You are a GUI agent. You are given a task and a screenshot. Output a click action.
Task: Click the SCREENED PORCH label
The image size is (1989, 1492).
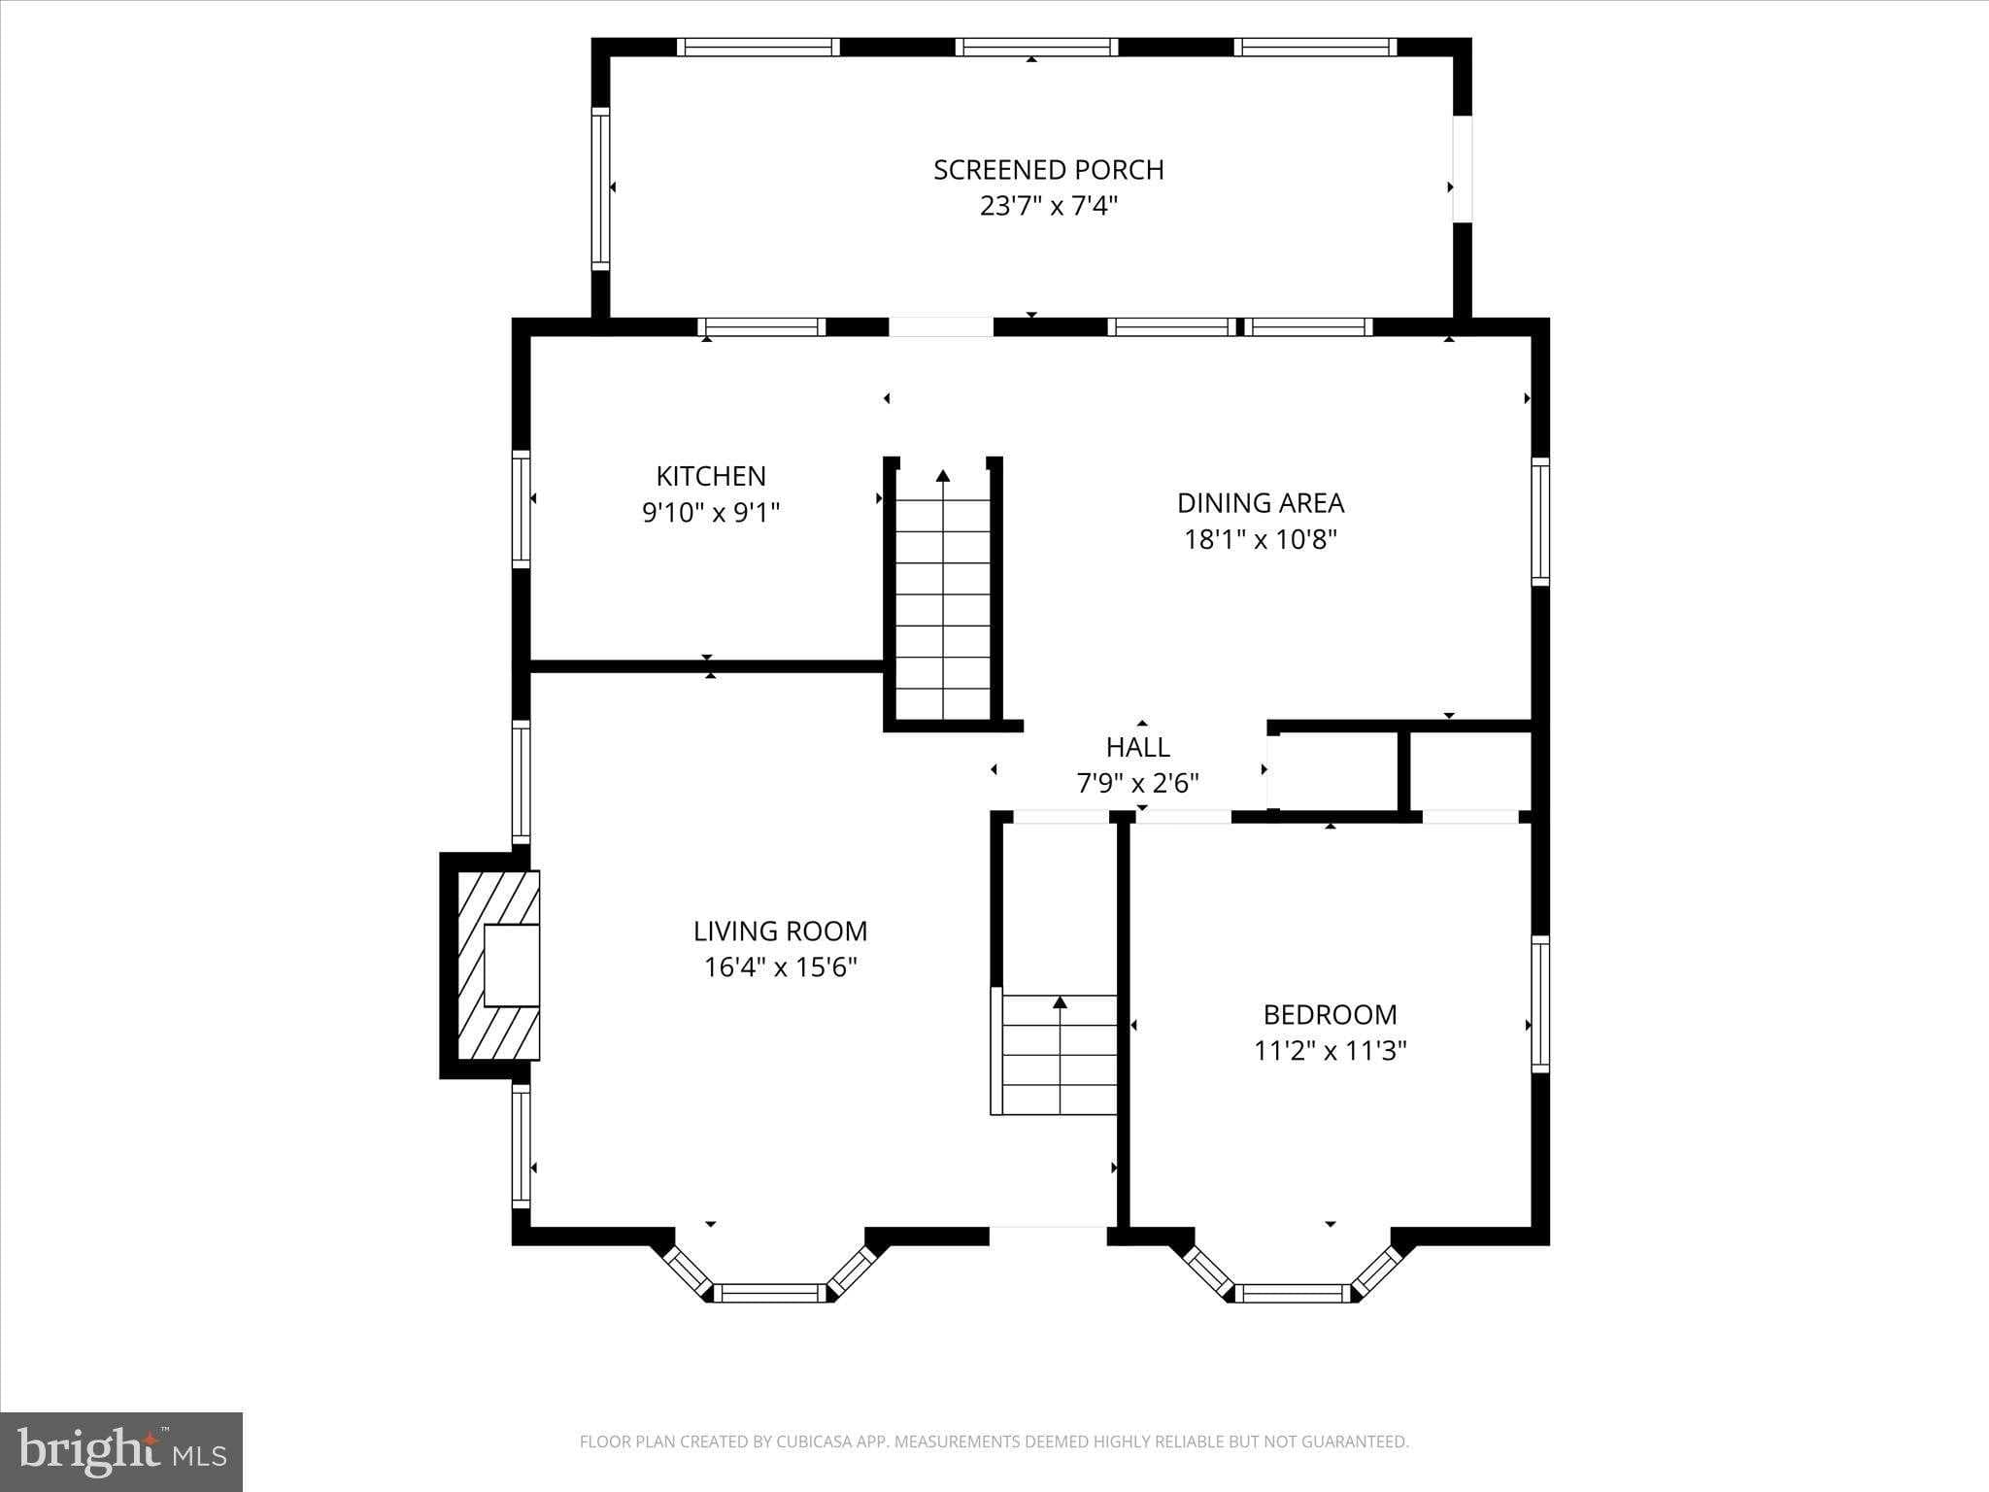1048,170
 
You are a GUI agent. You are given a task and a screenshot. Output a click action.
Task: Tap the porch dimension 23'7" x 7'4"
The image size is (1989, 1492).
1048,206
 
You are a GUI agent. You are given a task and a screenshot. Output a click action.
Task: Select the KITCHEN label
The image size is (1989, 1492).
711,476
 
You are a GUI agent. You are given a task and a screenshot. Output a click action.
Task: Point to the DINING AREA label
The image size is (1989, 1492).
1260,503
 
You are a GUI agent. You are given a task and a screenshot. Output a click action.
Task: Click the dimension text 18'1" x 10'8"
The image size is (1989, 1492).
1260,539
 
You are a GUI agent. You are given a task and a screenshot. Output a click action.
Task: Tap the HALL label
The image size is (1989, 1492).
1137,747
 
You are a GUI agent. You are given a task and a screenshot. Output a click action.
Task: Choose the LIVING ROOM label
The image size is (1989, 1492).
780,932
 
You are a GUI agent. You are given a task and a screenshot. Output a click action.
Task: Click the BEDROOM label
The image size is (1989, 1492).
1330,1015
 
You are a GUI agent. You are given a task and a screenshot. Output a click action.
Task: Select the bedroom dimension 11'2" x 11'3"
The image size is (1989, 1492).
1330,1051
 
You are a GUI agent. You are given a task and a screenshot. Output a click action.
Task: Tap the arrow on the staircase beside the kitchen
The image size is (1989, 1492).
943,476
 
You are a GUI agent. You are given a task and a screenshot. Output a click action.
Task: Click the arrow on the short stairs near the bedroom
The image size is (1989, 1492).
1060,1001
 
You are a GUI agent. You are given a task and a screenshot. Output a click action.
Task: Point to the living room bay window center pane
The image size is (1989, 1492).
771,1293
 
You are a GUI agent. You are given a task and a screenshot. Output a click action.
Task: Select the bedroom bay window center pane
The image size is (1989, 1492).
1292,1293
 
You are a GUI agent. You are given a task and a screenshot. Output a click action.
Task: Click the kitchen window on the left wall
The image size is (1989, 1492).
522,510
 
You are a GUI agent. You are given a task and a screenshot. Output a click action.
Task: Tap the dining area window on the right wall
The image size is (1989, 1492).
1539,522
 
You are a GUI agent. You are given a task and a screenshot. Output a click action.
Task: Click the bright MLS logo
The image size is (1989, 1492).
121,1452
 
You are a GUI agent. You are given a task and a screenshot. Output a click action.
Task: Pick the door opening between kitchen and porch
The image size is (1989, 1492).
940,327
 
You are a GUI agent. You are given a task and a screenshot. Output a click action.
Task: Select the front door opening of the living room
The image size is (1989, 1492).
1048,1237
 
